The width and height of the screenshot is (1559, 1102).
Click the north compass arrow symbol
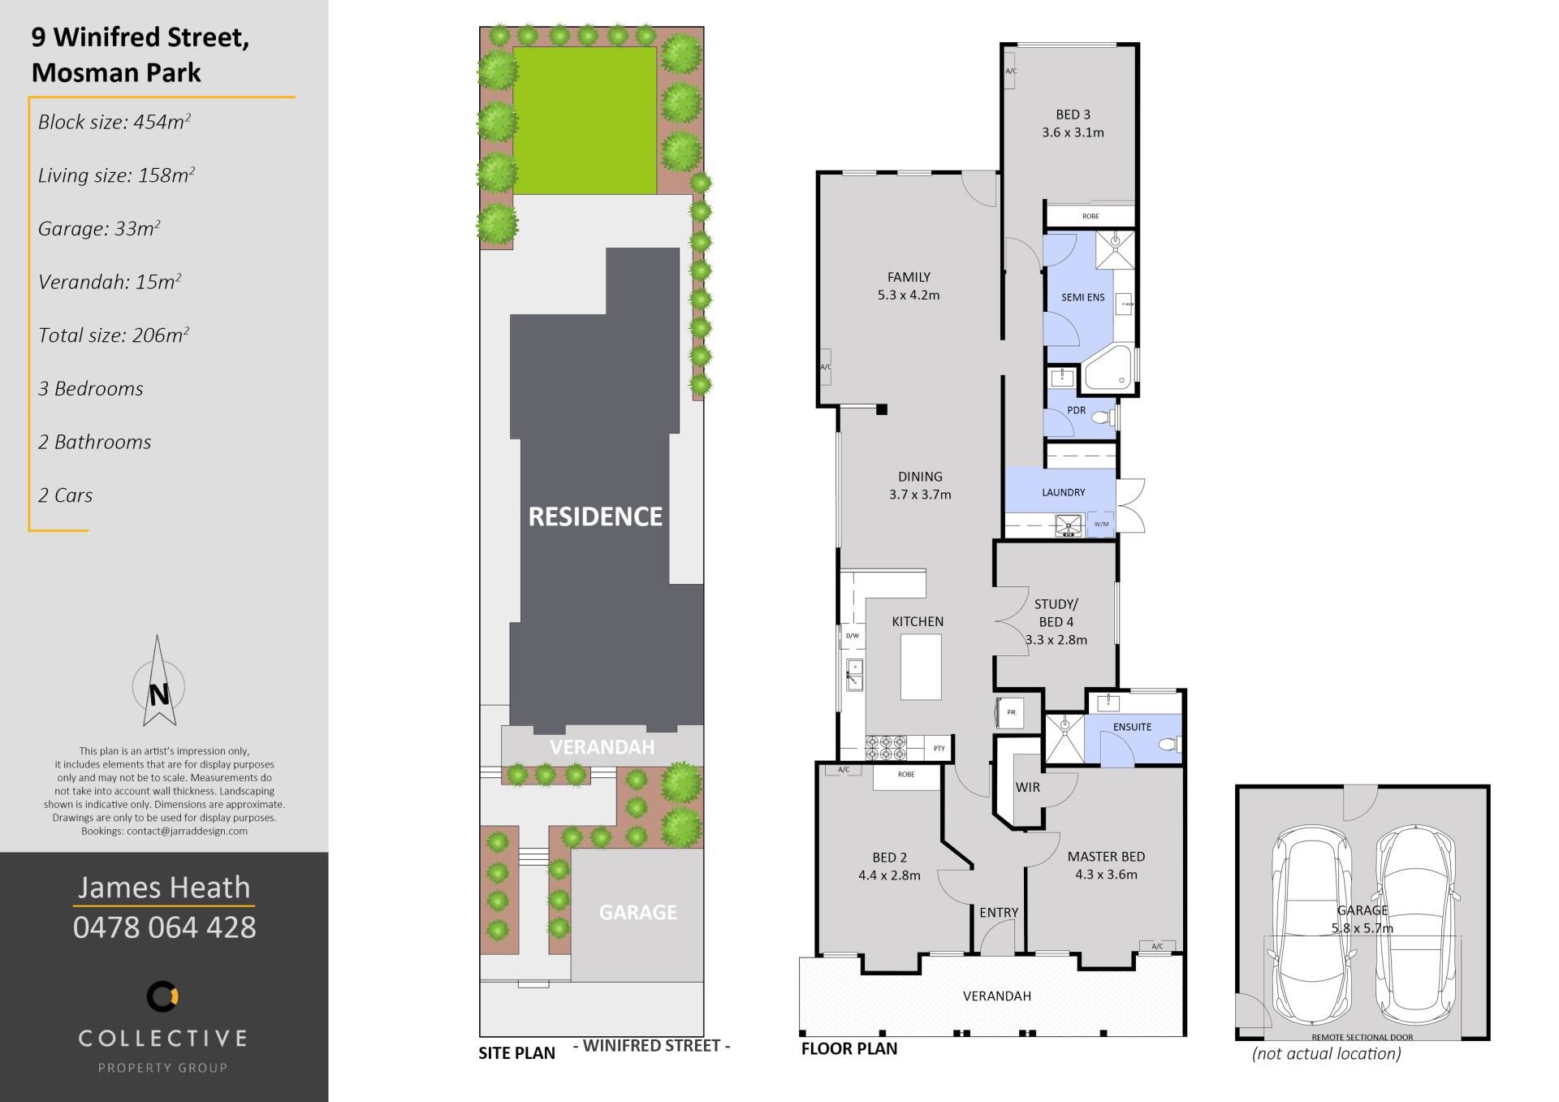(158, 682)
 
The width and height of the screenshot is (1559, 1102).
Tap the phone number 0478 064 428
(164, 927)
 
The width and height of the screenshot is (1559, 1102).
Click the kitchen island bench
(921, 667)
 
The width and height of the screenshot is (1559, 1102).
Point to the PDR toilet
(1103, 418)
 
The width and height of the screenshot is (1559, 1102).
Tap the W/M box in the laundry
(1100, 524)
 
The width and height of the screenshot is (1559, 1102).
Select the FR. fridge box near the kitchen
(1011, 712)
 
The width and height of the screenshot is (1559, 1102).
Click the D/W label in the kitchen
(852, 636)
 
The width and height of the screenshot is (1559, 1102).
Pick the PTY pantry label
(939, 748)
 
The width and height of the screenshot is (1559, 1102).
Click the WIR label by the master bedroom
(1027, 787)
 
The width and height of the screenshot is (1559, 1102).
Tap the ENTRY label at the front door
(998, 913)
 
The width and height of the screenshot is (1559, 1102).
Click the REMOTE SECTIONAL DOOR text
(1362, 1037)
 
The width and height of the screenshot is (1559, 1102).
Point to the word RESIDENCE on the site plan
(595, 516)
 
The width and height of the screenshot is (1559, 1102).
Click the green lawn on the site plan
(585, 121)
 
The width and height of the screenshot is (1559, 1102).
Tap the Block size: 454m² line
(114, 122)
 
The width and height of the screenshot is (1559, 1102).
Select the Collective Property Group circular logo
(162, 996)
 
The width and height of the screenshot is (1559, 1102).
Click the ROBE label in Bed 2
(906, 775)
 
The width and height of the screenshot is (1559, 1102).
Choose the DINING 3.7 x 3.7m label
(920, 486)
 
